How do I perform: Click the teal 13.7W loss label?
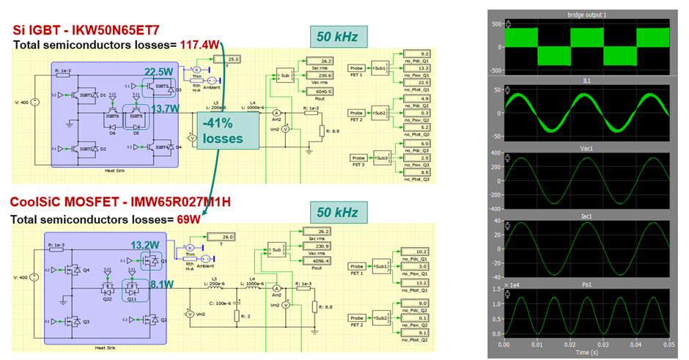[x=164, y=109]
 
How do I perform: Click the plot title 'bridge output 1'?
[x=587, y=15]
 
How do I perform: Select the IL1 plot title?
[x=587, y=82]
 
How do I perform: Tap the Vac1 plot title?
[x=587, y=150]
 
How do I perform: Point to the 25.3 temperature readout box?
[x=234, y=59]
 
